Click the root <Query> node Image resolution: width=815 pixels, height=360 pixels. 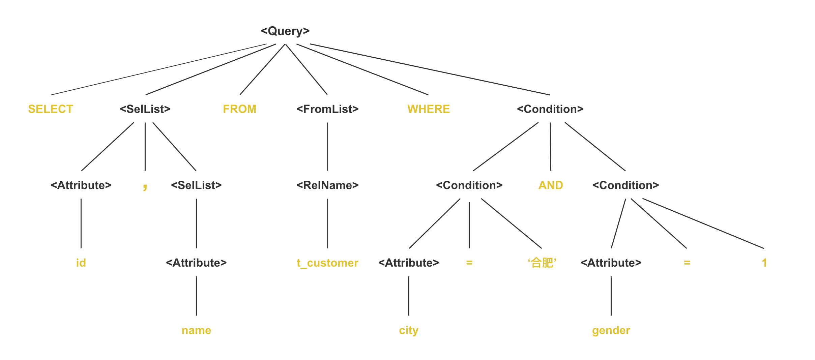click(x=285, y=31)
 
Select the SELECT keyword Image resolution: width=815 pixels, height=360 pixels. click(x=51, y=109)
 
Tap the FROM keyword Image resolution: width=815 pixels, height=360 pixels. click(x=239, y=109)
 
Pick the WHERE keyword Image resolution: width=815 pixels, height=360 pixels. click(x=428, y=109)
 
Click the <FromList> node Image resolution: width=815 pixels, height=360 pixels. click(x=327, y=109)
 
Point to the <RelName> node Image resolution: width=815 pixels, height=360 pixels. click(x=327, y=185)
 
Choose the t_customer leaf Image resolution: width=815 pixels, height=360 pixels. click(x=327, y=263)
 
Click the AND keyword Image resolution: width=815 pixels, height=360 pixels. click(x=550, y=185)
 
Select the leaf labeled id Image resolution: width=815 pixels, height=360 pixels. click(x=81, y=263)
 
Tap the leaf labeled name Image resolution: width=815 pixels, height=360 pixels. click(x=196, y=330)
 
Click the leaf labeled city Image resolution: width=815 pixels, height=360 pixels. click(x=408, y=330)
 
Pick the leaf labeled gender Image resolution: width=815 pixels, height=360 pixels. click(x=611, y=330)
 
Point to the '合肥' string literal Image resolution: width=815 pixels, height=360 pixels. click(x=542, y=263)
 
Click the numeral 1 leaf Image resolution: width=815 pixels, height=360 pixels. click(x=764, y=263)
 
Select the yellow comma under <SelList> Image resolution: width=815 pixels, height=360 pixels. click(x=145, y=186)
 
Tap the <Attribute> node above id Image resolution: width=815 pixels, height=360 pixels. click(x=81, y=185)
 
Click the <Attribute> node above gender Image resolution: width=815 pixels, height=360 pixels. click(x=611, y=263)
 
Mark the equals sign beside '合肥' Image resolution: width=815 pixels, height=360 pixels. click(x=469, y=263)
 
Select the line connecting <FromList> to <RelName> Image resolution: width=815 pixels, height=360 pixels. click(x=327, y=147)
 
